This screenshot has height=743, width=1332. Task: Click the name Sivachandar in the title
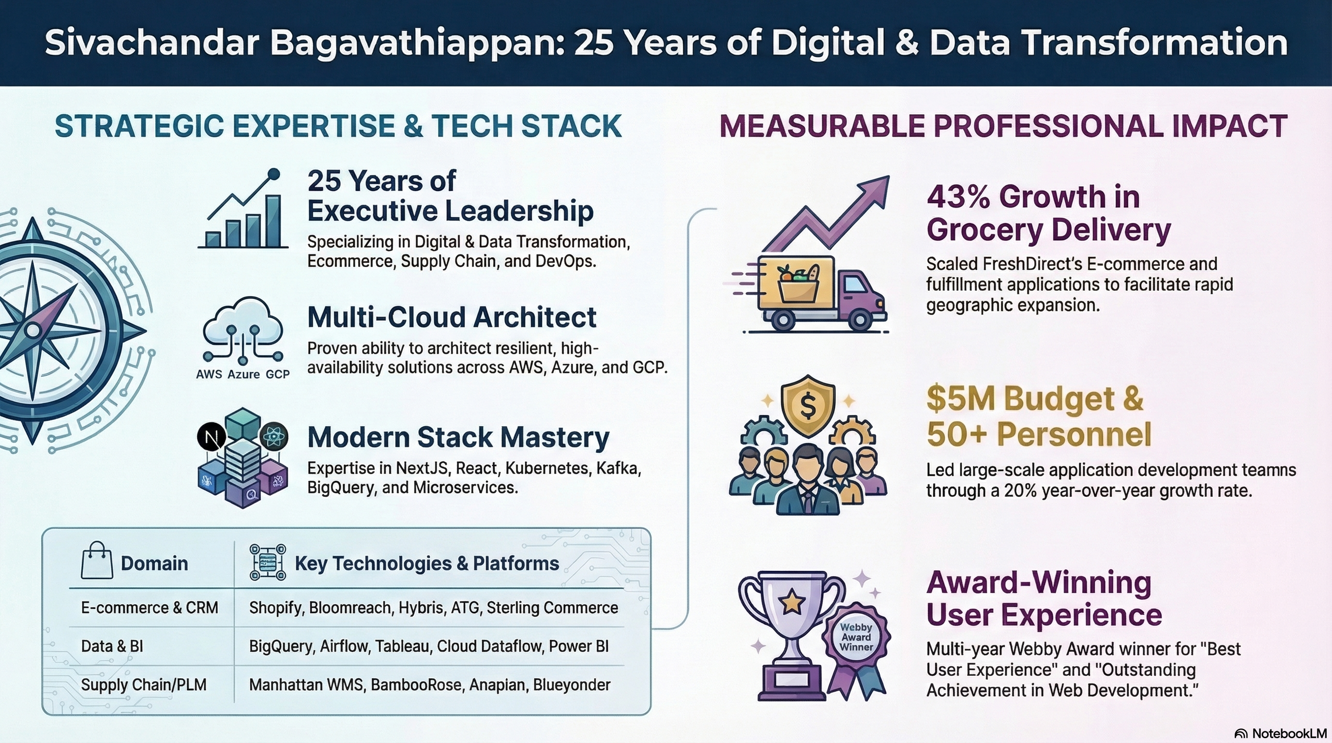(151, 43)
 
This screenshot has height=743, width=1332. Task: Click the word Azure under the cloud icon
(243, 374)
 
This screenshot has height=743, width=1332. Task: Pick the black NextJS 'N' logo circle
(212, 437)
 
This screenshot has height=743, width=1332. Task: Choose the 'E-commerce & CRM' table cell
(150, 608)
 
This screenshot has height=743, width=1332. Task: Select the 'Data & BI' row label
(112, 646)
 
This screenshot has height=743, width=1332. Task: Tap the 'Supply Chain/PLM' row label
(144, 685)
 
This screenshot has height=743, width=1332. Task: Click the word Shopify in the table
(275, 608)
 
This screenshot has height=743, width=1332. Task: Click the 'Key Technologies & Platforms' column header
(427, 563)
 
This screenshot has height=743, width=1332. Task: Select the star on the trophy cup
(792, 601)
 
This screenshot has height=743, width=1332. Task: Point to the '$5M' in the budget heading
(961, 399)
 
